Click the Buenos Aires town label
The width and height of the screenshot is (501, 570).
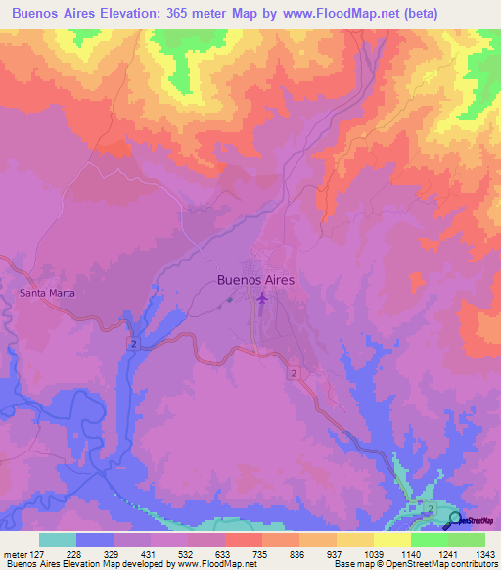[254, 279]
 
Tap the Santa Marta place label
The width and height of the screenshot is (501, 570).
[47, 293]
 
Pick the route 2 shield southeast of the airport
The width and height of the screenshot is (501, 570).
[294, 373]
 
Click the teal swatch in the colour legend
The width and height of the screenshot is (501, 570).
[57, 540]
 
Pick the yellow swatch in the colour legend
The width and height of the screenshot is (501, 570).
[391, 540]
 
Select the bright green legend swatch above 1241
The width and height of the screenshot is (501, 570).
[429, 540]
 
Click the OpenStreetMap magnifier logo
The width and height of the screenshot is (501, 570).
[456, 520]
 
